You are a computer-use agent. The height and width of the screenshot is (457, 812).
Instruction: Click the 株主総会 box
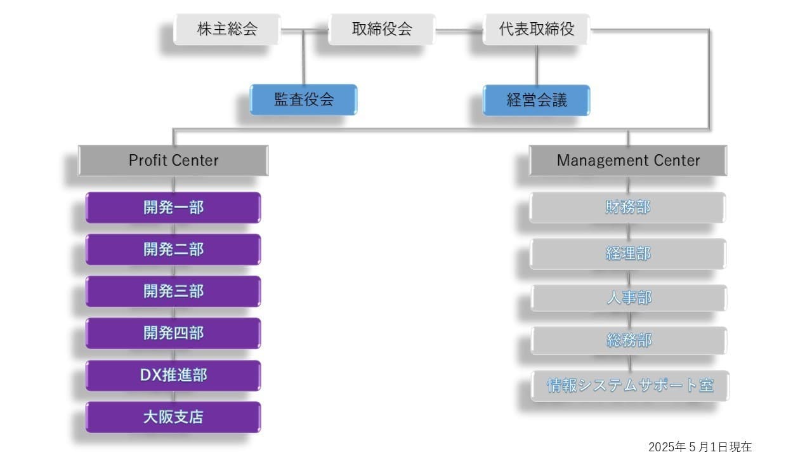pyautogui.click(x=227, y=29)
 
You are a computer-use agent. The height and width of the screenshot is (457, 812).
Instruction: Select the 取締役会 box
pyautogui.click(x=382, y=29)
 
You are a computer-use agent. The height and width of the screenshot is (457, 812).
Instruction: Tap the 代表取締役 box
pyautogui.click(x=536, y=29)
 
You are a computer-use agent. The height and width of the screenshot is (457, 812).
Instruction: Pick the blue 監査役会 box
pyautogui.click(x=304, y=100)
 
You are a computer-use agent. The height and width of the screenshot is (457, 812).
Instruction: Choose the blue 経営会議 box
pyautogui.click(x=537, y=100)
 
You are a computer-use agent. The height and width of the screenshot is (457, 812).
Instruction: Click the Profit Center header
pyautogui.click(x=173, y=161)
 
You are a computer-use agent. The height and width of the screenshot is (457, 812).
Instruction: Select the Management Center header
pyautogui.click(x=628, y=161)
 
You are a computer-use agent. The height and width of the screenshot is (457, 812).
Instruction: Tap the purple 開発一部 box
pyautogui.click(x=173, y=208)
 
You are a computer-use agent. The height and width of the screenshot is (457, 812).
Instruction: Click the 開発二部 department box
pyautogui.click(x=173, y=249)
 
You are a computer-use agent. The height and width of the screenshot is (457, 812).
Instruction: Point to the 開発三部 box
pyautogui.click(x=173, y=291)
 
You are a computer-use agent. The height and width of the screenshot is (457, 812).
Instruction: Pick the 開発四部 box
pyautogui.click(x=173, y=333)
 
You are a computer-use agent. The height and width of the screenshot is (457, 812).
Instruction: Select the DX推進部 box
pyautogui.click(x=173, y=376)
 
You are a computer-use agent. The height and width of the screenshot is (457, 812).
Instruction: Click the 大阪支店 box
pyautogui.click(x=173, y=417)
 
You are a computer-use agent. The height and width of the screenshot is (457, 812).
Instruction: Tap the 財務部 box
pyautogui.click(x=628, y=208)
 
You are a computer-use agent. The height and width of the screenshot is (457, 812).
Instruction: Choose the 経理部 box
pyautogui.click(x=628, y=254)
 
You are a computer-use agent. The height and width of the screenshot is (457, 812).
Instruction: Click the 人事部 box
pyautogui.click(x=629, y=298)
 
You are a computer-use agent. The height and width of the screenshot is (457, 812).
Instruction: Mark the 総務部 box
pyautogui.click(x=629, y=341)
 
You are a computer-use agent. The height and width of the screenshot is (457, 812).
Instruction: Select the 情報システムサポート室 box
pyautogui.click(x=630, y=385)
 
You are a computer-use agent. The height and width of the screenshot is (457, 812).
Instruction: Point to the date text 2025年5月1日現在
pyautogui.click(x=700, y=447)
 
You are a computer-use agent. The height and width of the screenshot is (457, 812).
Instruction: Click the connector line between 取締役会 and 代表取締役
pyautogui.click(x=459, y=29)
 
